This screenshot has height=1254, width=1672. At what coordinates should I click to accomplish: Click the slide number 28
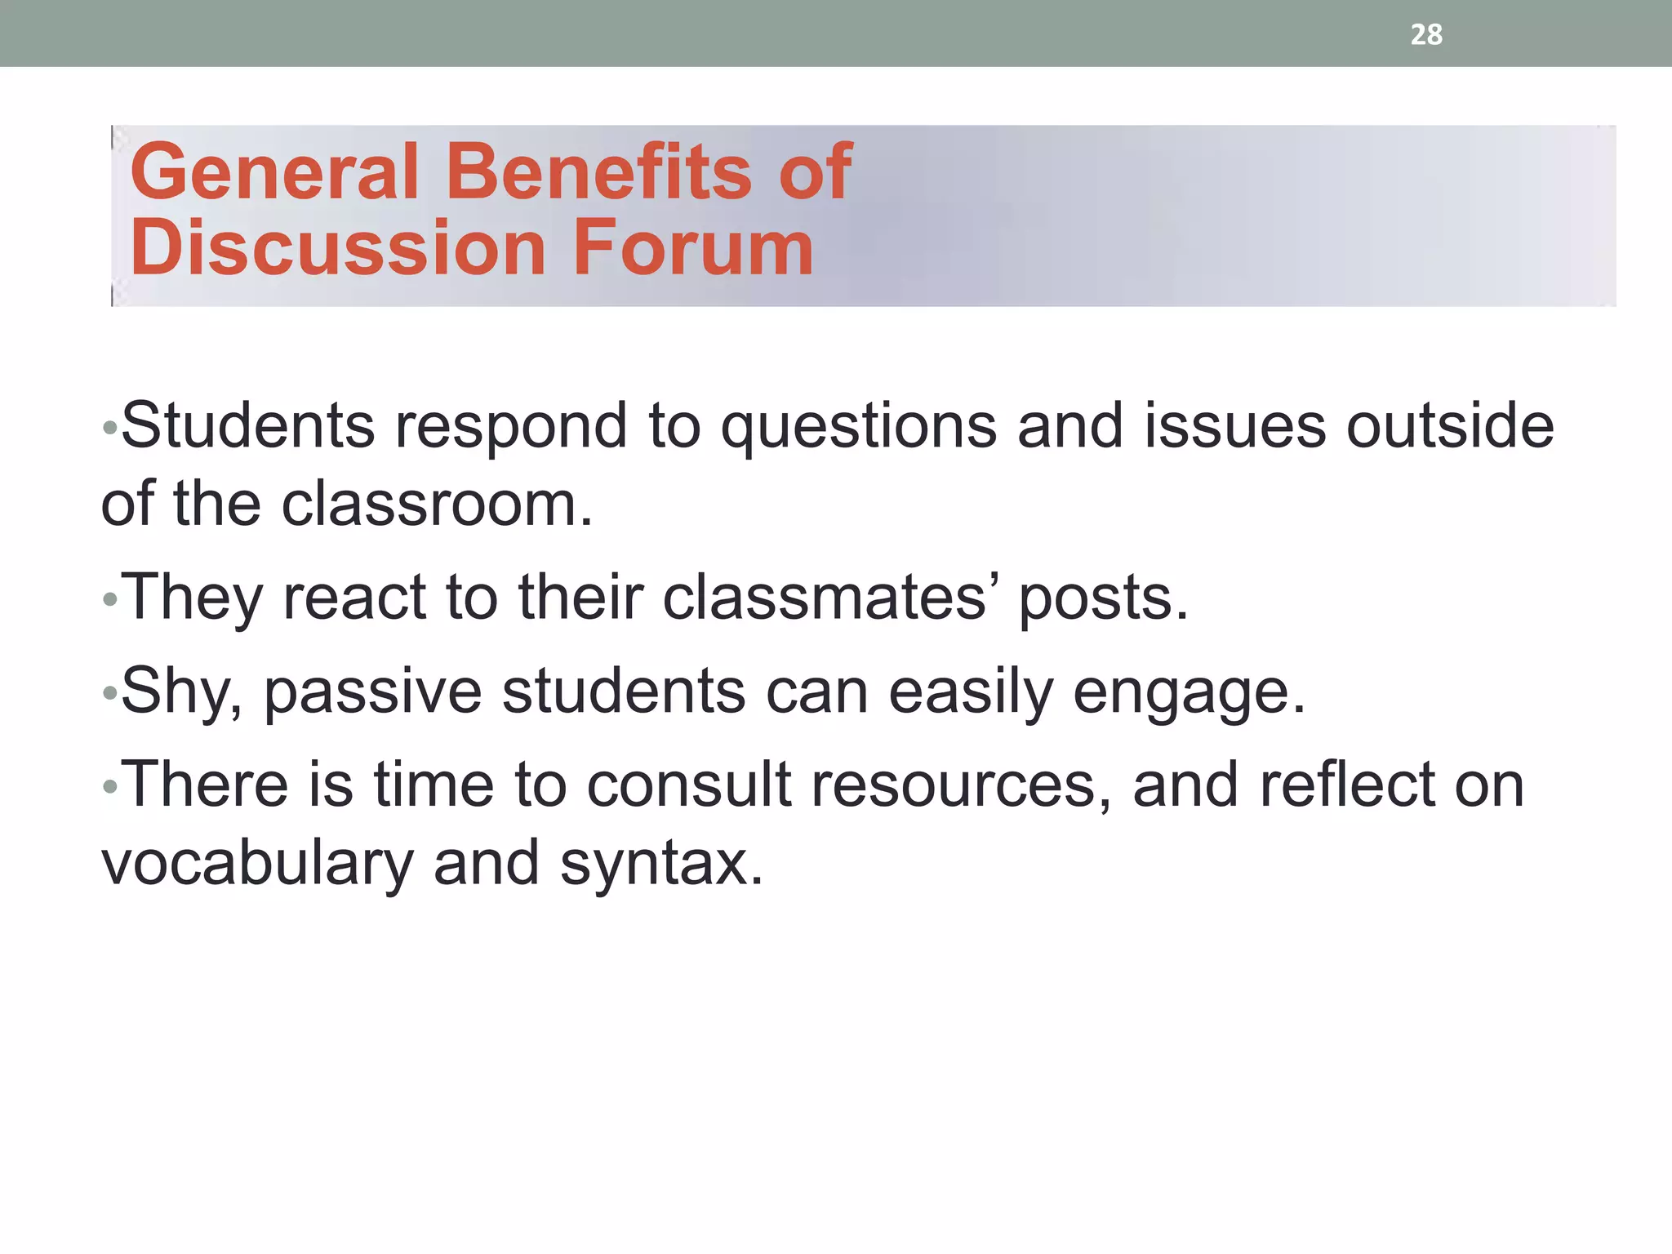click(1426, 34)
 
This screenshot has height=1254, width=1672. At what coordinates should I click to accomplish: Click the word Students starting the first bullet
click(247, 426)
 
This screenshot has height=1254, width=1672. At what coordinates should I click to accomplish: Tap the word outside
click(1450, 426)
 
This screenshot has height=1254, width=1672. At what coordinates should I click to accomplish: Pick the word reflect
click(1346, 785)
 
